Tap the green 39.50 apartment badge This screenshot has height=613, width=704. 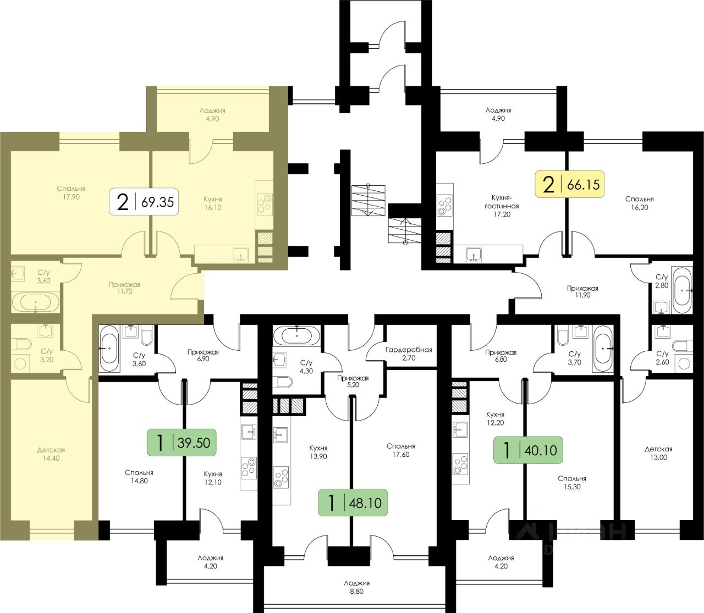pos(182,442)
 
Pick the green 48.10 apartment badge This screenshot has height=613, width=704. pos(354,502)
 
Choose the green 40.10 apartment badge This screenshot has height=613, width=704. pos(528,450)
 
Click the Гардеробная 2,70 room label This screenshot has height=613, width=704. pos(408,354)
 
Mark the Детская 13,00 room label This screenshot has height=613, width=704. pos(658,453)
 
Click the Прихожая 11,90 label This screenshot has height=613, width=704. pos(582,291)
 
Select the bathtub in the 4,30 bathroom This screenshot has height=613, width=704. pos(296,334)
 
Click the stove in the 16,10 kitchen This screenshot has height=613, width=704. pos(264,203)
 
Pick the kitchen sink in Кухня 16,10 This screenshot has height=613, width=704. pos(240,255)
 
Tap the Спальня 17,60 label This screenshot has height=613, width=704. pos(400,450)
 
